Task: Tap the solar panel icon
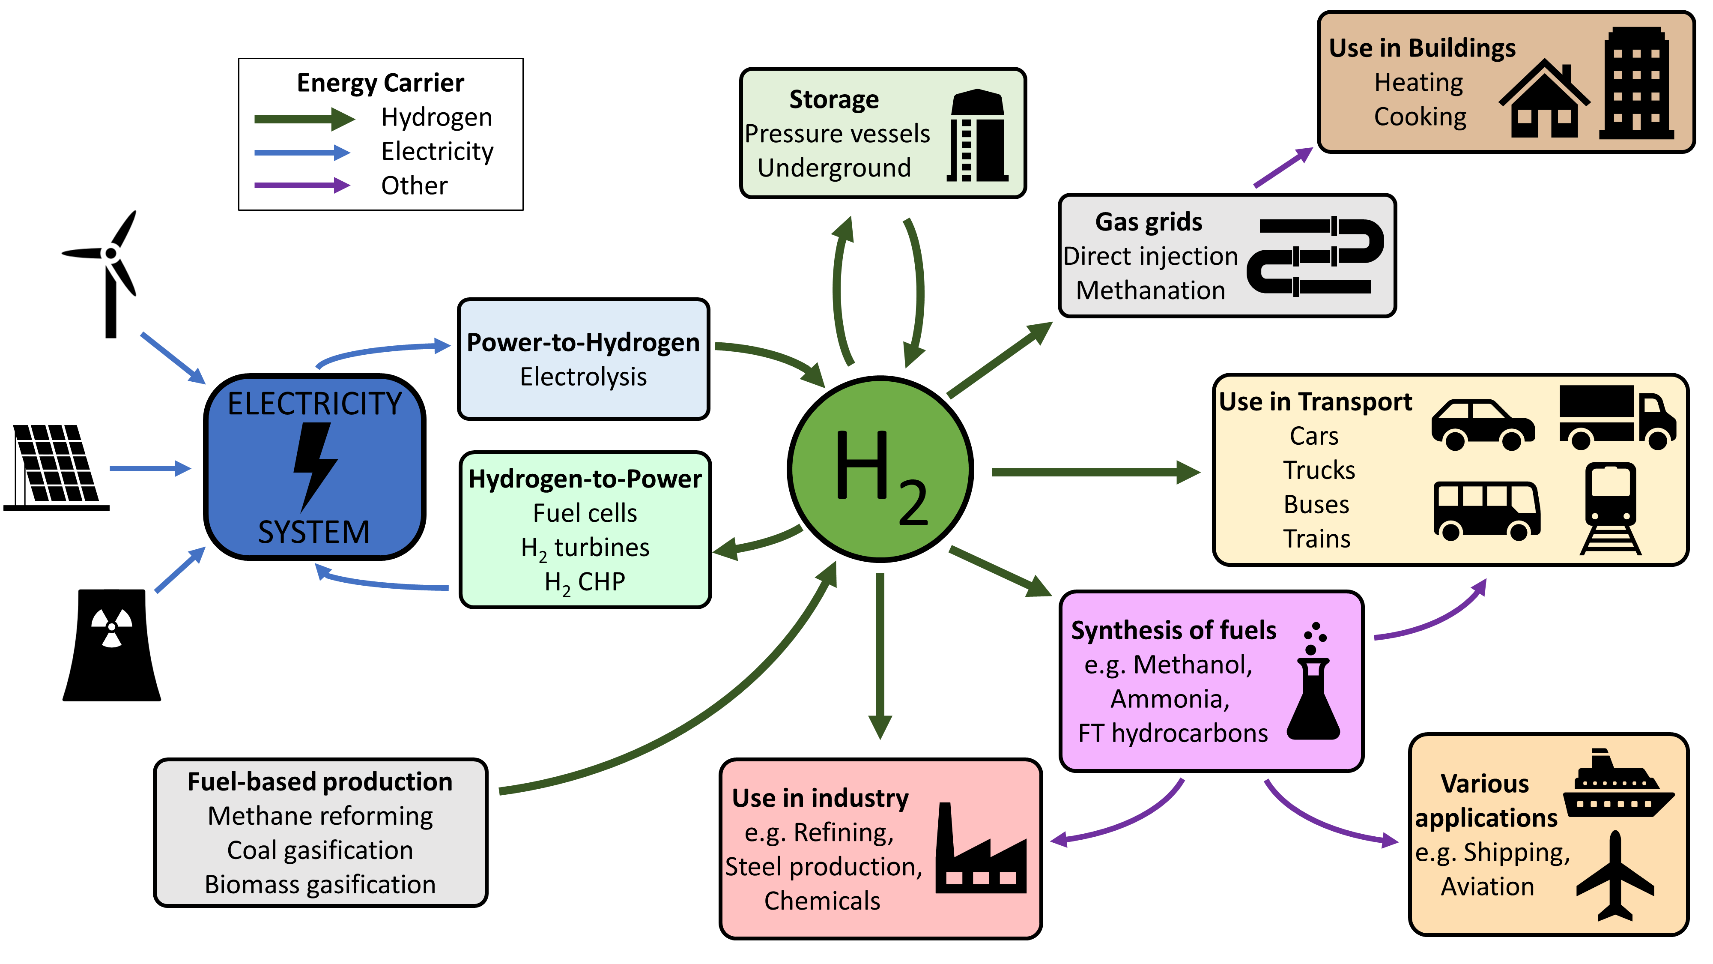[57, 466]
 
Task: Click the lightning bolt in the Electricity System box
[314, 466]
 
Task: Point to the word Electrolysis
[583, 377]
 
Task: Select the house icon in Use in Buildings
[1544, 100]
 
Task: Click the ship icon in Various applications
[1617, 785]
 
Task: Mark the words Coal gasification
[320, 850]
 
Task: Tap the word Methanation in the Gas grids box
[1150, 291]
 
